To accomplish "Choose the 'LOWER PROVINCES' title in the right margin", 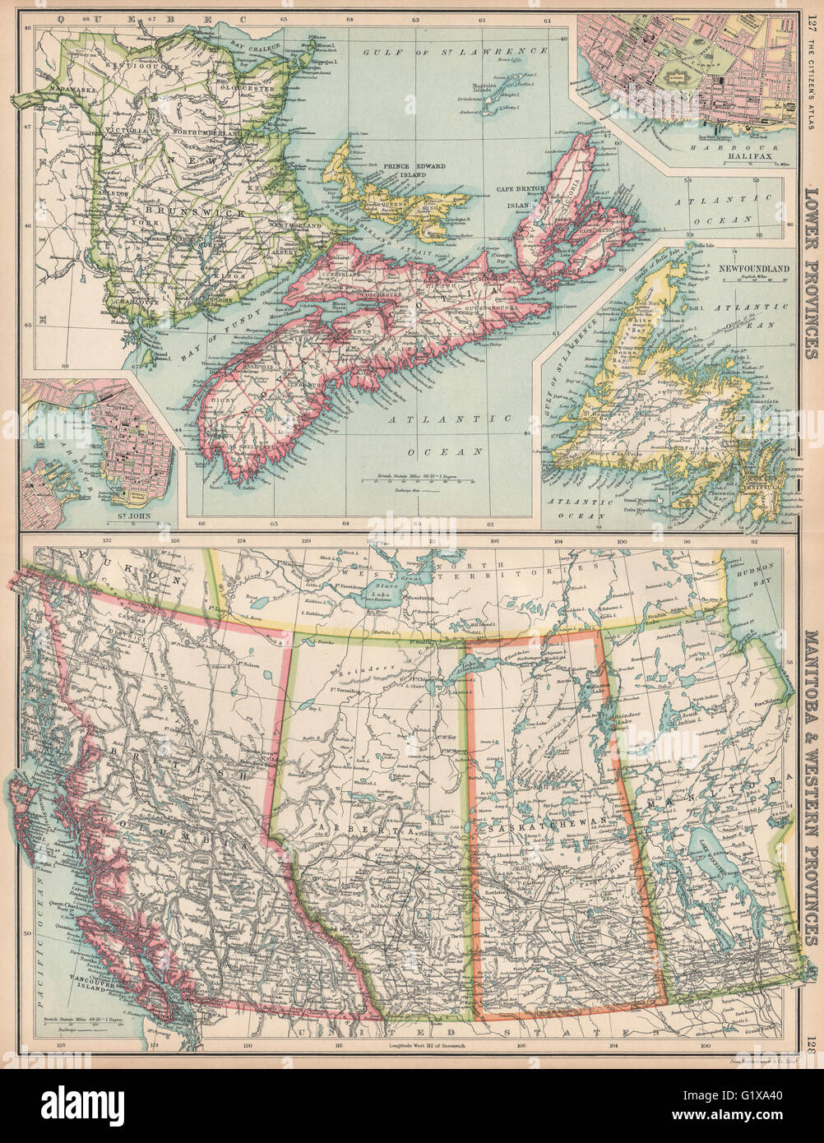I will tap(810, 271).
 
